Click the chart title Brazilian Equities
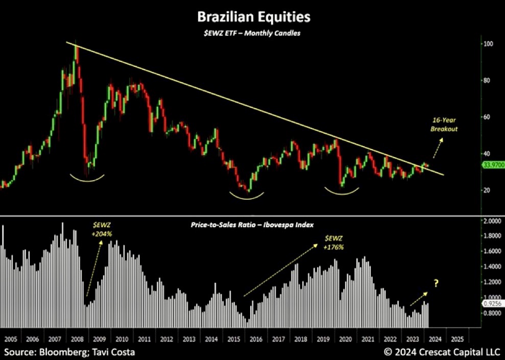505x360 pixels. coord(253,17)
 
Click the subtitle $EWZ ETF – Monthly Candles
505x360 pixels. coord(253,33)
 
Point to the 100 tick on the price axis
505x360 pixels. coord(489,44)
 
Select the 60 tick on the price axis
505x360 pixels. coord(489,117)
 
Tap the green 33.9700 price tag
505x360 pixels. coord(493,165)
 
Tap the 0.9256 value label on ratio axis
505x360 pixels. coord(493,303)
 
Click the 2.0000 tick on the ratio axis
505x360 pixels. coord(491,221)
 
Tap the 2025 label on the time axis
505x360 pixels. coord(458,339)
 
